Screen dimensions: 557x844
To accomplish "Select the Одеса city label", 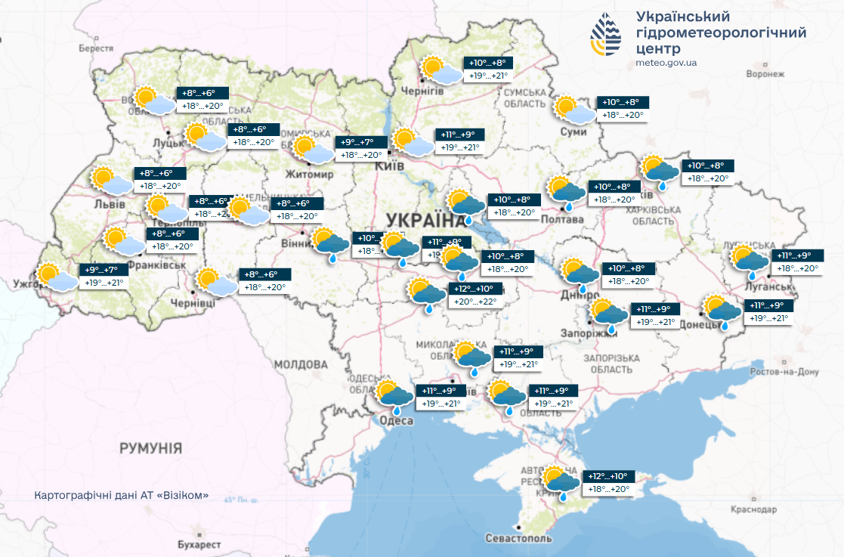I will [396, 421].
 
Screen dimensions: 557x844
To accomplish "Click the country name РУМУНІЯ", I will [150, 448].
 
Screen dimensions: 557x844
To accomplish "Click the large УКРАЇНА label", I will [426, 221].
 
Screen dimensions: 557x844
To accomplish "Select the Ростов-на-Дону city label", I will [784, 372].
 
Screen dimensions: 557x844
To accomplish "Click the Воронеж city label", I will [765, 74].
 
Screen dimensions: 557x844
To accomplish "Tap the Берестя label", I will [95, 48].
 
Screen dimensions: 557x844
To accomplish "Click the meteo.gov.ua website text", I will [666, 63].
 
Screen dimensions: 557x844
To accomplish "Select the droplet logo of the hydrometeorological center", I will [607, 36].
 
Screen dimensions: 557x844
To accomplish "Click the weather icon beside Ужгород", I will [55, 277].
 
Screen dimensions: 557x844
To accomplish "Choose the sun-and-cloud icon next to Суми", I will [573, 110].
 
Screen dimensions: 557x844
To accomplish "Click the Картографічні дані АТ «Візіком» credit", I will [121, 497].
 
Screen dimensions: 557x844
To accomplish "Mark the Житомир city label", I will [309, 175].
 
